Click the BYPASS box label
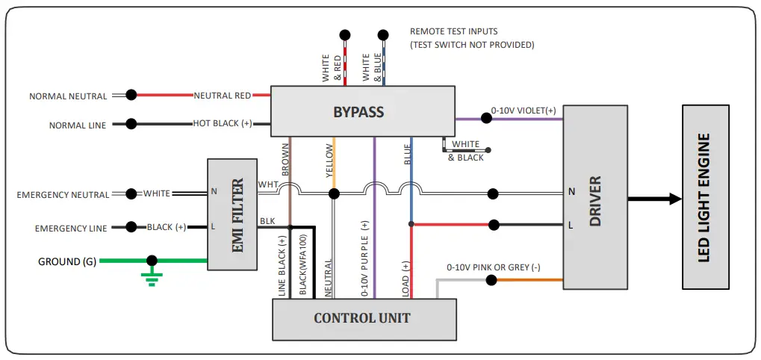coord(358,113)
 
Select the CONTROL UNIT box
coord(363,318)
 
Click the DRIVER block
coord(594,198)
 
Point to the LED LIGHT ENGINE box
coord(705,198)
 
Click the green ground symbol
coord(152,278)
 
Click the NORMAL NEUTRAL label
coord(68,96)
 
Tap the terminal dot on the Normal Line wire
coord(131,124)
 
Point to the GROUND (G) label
coord(67,261)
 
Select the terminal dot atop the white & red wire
coord(345,34)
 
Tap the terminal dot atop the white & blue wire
coord(383,34)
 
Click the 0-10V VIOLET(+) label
coord(524,110)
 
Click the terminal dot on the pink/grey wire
coord(491,280)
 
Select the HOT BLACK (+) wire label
coord(222,123)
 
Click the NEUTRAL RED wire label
coord(223,96)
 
